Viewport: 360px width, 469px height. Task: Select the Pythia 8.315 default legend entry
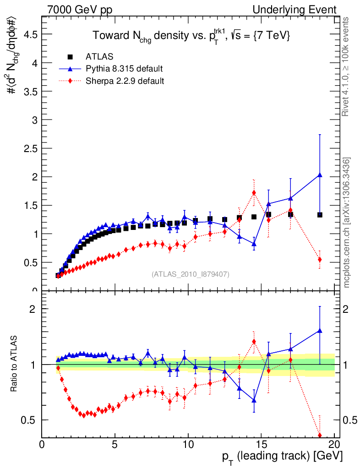click(x=124, y=69)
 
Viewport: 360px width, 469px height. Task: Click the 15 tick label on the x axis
click(x=261, y=444)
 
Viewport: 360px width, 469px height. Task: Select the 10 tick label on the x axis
click(x=188, y=444)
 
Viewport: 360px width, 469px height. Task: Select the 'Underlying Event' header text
click(x=304, y=10)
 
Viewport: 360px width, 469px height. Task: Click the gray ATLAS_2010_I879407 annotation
click(x=191, y=274)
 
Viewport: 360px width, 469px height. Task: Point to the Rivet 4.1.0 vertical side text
click(x=347, y=66)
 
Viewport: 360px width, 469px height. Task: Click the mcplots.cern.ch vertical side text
click(x=347, y=223)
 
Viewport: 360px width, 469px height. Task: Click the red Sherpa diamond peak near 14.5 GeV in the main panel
click(x=254, y=192)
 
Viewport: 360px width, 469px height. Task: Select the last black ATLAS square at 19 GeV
click(x=320, y=214)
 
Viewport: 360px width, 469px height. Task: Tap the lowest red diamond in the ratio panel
click(x=320, y=435)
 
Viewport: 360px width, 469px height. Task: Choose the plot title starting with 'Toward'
click(x=191, y=36)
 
